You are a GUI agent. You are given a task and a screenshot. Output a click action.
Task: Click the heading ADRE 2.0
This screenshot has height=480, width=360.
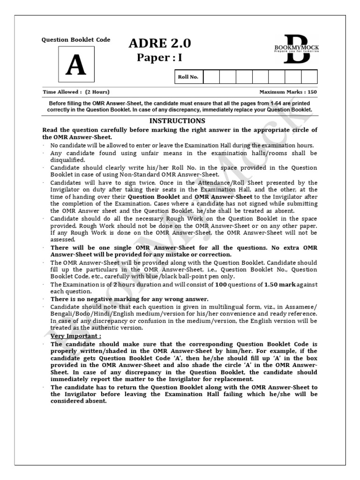[160, 44]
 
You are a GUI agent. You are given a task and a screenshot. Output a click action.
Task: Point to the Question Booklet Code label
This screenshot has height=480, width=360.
[76, 40]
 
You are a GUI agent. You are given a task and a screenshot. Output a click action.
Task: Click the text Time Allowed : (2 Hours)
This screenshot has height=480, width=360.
[76, 92]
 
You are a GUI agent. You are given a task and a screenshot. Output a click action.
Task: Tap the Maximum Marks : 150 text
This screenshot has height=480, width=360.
[288, 92]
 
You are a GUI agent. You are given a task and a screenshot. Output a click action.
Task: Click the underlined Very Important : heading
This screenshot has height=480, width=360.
[75, 336]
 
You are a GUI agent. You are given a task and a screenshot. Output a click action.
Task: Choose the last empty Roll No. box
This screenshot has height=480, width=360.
[309, 77]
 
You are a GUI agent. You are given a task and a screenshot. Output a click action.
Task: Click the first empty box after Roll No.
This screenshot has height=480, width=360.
[211, 77]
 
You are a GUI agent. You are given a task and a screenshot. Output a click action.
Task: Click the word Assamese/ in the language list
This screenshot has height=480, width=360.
[299, 307]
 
